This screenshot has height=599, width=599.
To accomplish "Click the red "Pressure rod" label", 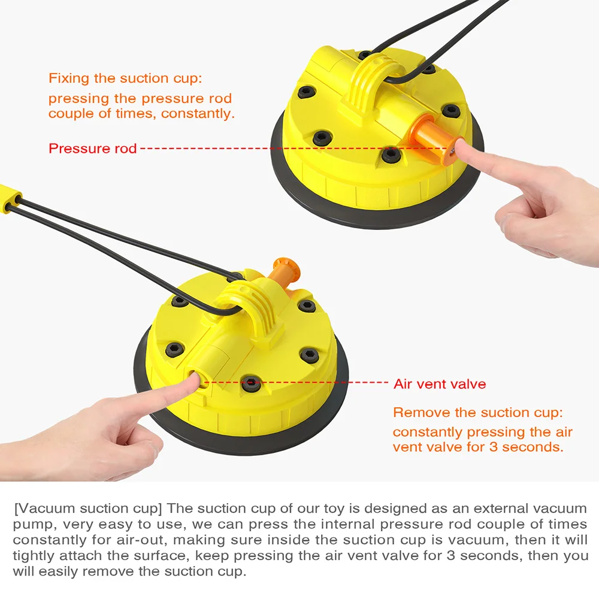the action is pos(92,148).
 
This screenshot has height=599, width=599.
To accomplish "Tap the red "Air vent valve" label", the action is pos(440,383).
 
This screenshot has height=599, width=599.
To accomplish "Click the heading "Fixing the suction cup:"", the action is pos(125,78).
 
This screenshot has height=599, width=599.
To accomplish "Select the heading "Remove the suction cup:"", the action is pos(478,413).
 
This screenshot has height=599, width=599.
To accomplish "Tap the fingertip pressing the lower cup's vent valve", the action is pos(193,380).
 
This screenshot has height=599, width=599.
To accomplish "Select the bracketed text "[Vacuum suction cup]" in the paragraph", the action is pos(88,509).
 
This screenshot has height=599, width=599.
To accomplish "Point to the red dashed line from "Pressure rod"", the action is pos(295,148).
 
